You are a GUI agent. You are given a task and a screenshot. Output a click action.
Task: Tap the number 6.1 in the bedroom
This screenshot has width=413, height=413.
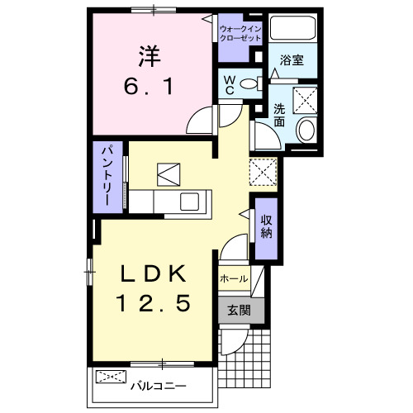pos(150,85)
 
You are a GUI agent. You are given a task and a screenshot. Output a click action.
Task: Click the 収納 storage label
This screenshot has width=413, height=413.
pos(267,225)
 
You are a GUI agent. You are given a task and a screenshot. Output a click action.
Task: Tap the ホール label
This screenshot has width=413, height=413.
pos(233,279)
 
